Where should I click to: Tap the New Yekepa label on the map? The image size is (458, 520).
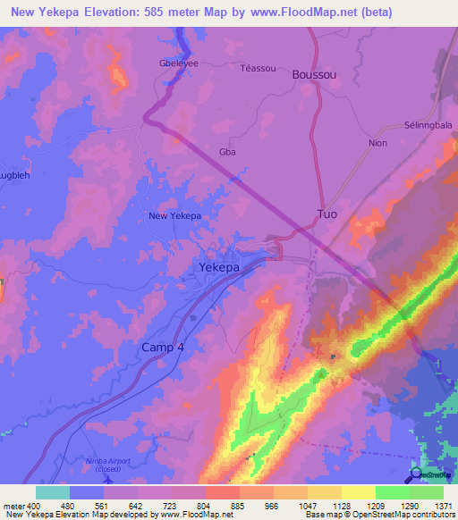[x=174, y=216]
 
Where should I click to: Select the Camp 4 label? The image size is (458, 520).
[x=162, y=346]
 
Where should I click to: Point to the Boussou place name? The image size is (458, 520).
[x=314, y=76]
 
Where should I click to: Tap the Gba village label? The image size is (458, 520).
[x=227, y=153]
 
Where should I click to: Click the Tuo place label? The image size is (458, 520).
[x=327, y=214]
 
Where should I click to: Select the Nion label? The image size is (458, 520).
[x=377, y=142]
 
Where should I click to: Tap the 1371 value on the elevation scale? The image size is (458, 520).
[x=442, y=507]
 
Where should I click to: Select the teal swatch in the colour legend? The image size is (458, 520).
[x=53, y=492]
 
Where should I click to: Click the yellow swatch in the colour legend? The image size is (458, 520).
[x=358, y=492]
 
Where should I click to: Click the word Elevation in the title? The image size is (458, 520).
[x=106, y=13]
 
